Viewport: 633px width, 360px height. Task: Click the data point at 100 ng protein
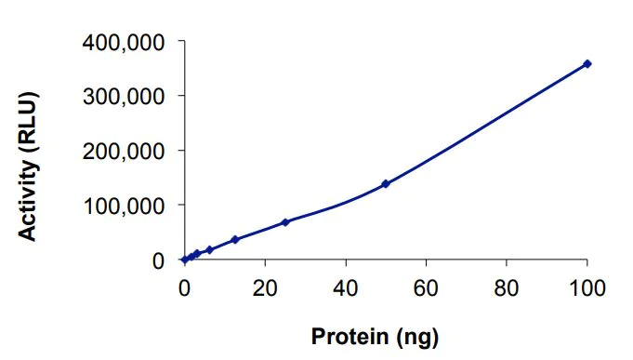[x=587, y=63]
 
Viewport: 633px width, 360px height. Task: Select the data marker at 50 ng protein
[x=386, y=184]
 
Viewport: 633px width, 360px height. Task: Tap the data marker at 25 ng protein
[x=285, y=222]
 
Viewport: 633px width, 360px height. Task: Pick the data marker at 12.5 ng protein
[x=234, y=240]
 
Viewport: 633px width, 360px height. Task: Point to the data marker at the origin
[x=184, y=260]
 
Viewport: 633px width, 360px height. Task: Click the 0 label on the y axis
[x=159, y=260]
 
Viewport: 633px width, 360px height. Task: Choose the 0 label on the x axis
[x=184, y=286]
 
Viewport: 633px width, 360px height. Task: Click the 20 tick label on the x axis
[x=265, y=286]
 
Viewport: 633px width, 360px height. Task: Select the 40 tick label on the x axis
[x=346, y=286]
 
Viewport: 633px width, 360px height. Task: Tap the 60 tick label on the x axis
[x=426, y=286]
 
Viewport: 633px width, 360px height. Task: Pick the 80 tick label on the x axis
[x=507, y=286]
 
